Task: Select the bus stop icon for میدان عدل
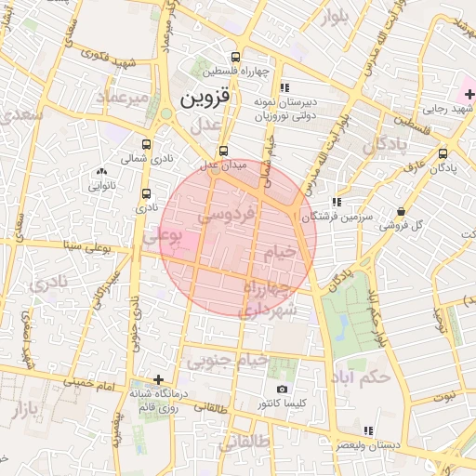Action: coord(223,151)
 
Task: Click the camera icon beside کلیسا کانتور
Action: coord(283,390)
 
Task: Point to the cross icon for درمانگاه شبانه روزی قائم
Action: coord(159,379)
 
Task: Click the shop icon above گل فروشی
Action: coord(401,211)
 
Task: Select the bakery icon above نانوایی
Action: coord(100,171)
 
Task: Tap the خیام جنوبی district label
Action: coord(228,359)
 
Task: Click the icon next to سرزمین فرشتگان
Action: coord(336,201)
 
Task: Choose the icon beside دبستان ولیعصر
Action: coord(369,430)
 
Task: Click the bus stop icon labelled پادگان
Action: coord(443,153)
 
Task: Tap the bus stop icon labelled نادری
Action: coord(146,194)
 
